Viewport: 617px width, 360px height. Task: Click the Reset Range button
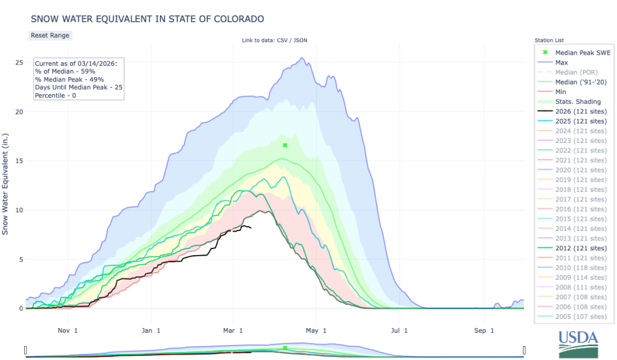50,35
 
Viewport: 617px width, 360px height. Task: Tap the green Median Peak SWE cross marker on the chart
285,145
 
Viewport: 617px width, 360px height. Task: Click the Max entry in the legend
562,62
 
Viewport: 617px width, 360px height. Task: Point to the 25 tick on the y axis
19,63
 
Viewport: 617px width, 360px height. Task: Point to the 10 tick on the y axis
19,210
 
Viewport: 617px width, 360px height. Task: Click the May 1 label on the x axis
316,330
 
